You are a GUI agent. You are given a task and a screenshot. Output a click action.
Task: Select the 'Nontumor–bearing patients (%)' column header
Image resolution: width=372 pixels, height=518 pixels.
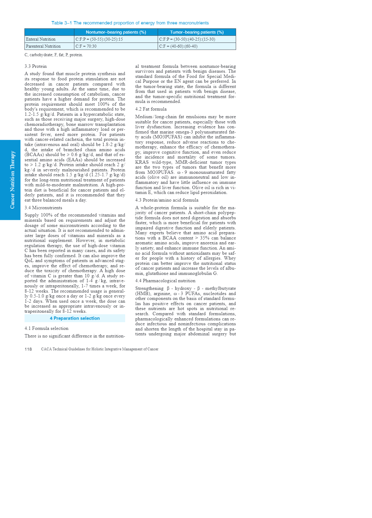(x=116, y=32)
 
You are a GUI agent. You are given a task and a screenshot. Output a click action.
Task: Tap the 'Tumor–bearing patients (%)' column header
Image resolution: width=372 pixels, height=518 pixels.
(x=197, y=32)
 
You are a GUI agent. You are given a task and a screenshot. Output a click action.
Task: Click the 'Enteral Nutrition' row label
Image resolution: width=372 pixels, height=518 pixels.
(x=41, y=39)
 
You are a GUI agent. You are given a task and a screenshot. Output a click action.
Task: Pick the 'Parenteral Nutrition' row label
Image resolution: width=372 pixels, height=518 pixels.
(x=43, y=46)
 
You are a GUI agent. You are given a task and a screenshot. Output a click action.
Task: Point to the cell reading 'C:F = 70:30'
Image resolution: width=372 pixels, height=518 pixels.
(x=86, y=46)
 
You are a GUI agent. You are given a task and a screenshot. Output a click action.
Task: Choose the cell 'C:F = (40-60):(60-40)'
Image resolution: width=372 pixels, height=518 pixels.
(x=178, y=46)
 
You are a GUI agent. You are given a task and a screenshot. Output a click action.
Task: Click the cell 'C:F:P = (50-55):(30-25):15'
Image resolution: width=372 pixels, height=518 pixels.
(x=99, y=39)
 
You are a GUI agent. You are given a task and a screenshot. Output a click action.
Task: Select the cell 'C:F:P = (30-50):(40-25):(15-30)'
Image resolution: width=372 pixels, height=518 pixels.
(x=187, y=39)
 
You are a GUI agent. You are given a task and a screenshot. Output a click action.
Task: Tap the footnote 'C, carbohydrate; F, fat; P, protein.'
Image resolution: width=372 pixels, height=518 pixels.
(x=54, y=55)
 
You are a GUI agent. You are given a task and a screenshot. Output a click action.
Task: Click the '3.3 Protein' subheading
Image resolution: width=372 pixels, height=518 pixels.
(x=36, y=66)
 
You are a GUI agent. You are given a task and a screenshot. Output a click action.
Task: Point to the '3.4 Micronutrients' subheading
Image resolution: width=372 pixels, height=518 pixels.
(x=43, y=208)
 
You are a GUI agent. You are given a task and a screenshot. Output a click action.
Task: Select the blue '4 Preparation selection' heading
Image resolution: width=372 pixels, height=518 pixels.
(x=75, y=318)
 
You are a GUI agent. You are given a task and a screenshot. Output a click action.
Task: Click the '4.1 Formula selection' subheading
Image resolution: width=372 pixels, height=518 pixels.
(x=46, y=328)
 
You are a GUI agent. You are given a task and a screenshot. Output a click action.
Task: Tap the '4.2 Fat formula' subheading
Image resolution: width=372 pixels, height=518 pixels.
(x=151, y=109)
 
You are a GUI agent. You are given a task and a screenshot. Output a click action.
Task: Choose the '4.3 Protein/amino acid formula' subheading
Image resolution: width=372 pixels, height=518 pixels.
(x=167, y=200)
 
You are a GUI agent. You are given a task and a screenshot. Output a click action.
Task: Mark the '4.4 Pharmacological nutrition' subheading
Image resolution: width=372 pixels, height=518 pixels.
(x=165, y=281)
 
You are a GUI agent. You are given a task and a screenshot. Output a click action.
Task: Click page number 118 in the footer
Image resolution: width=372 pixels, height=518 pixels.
(x=28, y=349)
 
